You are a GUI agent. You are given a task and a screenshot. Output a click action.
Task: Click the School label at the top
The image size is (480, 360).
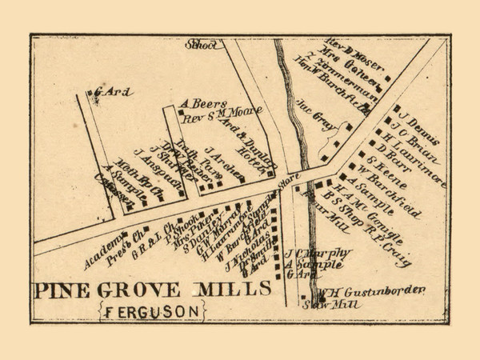pyautogui.click(x=201, y=46)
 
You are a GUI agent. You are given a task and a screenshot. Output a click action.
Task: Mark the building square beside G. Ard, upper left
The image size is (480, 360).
pyautogui.click(x=90, y=94)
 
